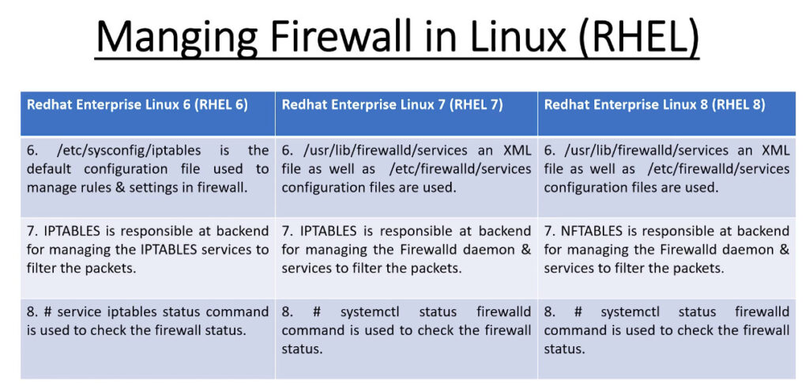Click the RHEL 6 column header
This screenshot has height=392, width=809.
pyautogui.click(x=137, y=104)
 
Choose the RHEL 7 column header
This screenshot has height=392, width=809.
pyautogui.click(x=392, y=104)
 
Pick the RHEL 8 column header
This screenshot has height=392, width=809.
pyautogui.click(x=655, y=104)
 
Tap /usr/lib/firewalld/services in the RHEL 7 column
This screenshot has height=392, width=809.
pyautogui.click(x=386, y=151)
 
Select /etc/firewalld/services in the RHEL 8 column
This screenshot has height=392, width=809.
pyautogui.click(x=719, y=170)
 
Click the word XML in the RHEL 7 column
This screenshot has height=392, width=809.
pyautogui.click(x=516, y=151)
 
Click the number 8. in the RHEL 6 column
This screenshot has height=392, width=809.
pyautogui.click(x=32, y=312)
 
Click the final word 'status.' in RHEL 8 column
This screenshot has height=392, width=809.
pyautogui.click(x=564, y=349)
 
